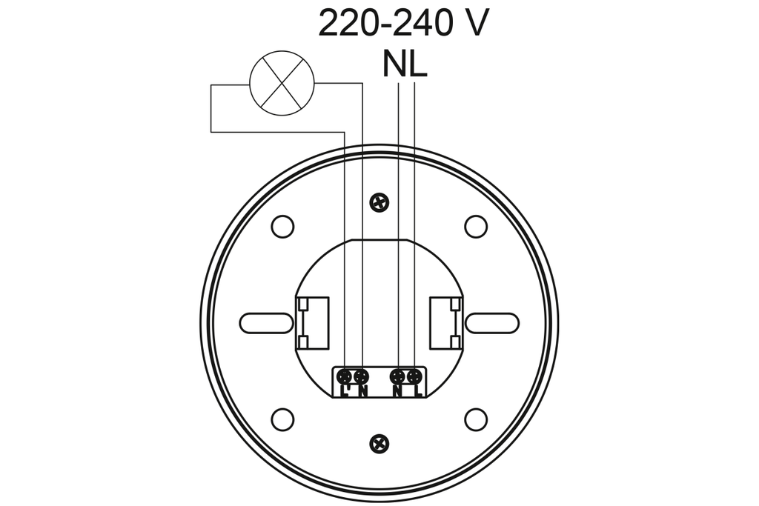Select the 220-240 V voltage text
coord(403,24)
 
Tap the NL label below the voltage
coord(405,64)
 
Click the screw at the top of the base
coord(379,201)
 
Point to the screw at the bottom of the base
coord(379,443)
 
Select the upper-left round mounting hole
coord(282,226)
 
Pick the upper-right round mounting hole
coord(475,226)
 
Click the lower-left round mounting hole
coord(282,419)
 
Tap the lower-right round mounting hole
coord(475,419)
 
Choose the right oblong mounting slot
coord(491,323)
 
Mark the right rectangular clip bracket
coord(446,322)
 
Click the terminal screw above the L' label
coord(345,376)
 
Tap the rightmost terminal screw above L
coord(414,376)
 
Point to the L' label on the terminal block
coord(345,390)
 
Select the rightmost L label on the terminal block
coord(417,390)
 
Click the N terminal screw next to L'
coord(361,376)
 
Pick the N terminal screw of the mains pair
coord(398,376)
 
